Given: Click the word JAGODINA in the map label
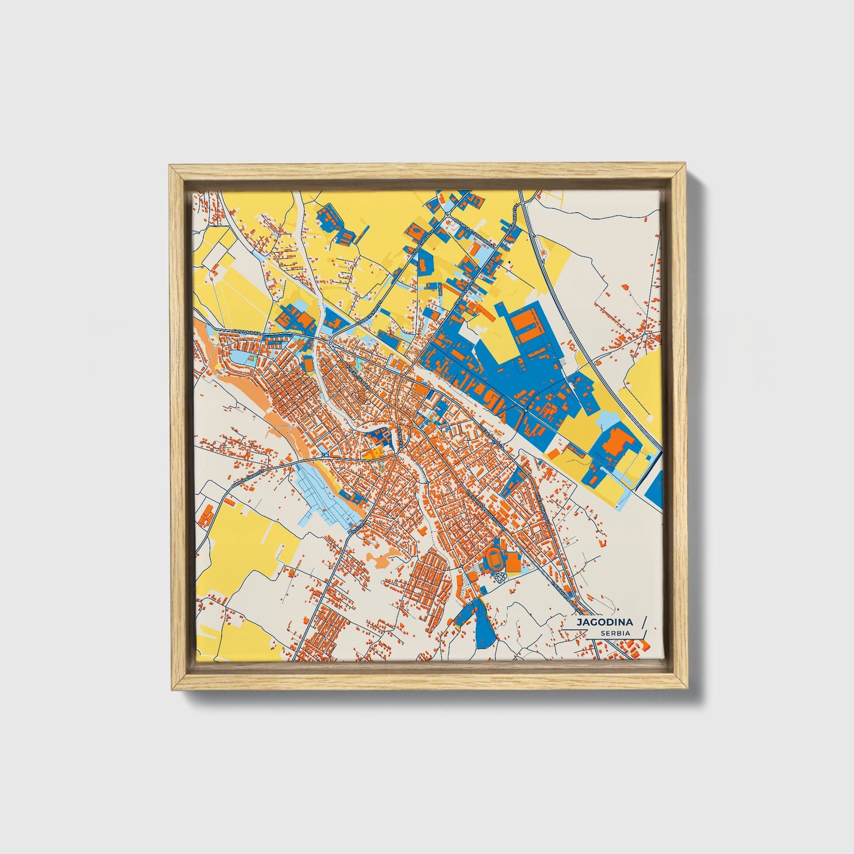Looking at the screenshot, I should point(605,622).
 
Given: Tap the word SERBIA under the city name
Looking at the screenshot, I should point(615,634).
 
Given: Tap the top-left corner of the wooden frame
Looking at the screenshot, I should point(170,167).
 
